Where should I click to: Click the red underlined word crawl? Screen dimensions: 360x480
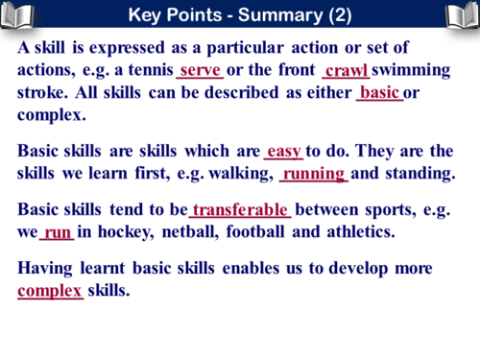pyautogui.click(x=348, y=70)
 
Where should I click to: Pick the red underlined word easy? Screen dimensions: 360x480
pyautogui.click(x=284, y=151)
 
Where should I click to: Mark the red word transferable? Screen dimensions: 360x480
pyautogui.click(x=240, y=210)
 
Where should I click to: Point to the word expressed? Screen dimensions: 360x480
pyautogui.click(x=120, y=47)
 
